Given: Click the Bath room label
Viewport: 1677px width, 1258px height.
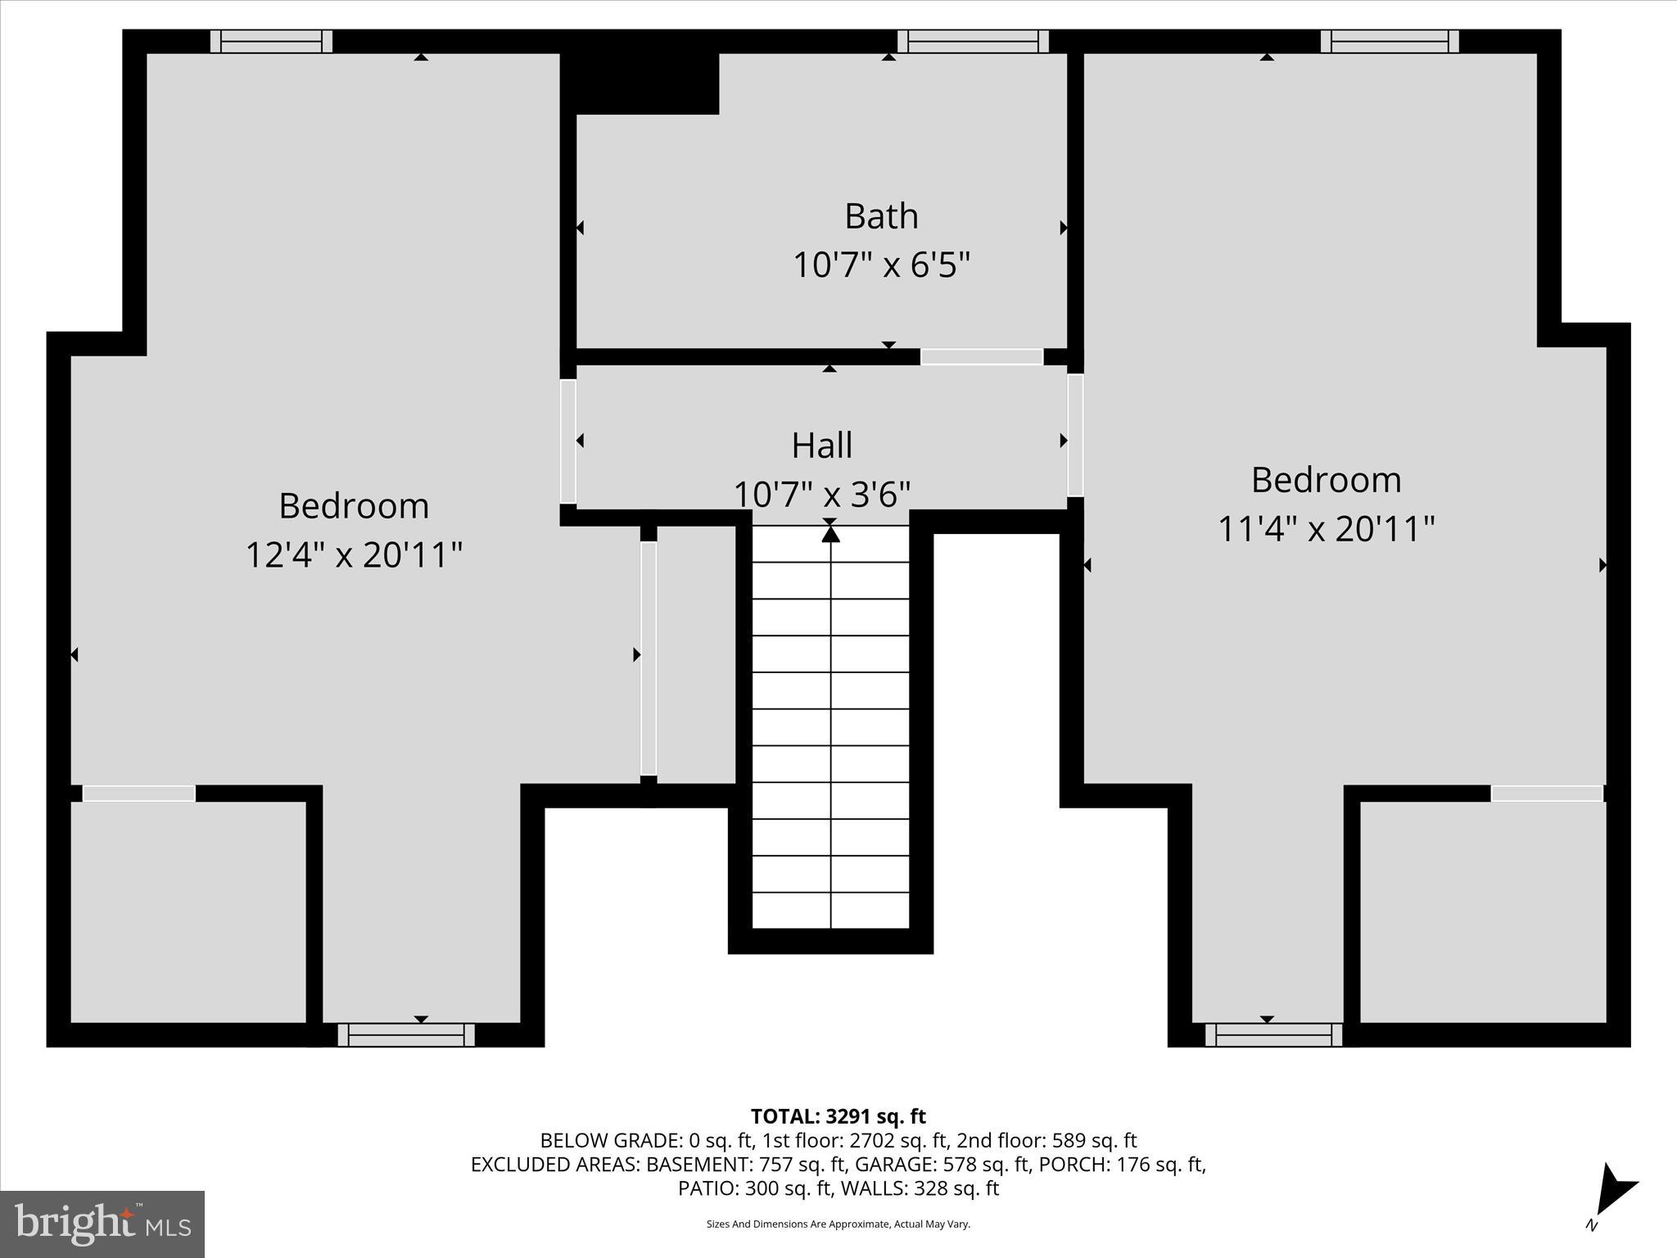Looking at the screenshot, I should pos(881,217).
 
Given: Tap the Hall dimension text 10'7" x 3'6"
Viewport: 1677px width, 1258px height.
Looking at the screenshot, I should pos(821,495).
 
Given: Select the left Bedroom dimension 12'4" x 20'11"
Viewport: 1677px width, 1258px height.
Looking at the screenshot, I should pos(354,555).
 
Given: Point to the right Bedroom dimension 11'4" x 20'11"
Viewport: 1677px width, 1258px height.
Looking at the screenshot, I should pos(1326,529).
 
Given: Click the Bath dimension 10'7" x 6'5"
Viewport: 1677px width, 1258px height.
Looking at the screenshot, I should pos(881,265).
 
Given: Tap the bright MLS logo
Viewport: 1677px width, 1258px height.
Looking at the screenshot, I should pos(102,1224).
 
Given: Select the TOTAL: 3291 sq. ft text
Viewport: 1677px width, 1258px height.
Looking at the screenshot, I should pos(838,1116).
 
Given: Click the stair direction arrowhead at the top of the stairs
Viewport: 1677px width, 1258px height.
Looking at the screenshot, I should pos(830,534).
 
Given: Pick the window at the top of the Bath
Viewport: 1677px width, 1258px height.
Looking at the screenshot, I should pos(973,42).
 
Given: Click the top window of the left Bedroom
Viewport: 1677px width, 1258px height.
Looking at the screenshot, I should pos(271,42).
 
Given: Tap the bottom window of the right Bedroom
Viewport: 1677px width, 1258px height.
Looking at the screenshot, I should pos(1273,1035).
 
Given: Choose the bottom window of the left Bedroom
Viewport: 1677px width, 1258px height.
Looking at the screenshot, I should pos(406,1035).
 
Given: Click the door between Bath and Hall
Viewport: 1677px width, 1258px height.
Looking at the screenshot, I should pos(981,357).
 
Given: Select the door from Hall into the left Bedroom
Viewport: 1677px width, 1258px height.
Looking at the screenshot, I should pos(567,441).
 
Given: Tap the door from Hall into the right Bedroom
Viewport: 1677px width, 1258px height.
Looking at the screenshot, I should pos(1075,435).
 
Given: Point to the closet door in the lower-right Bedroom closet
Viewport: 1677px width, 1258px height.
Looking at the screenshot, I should pos(1546,794).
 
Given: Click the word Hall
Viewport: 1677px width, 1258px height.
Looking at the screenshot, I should pos(821,446).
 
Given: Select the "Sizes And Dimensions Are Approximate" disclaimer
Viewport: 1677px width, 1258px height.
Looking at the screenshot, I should pos(838,1224).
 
